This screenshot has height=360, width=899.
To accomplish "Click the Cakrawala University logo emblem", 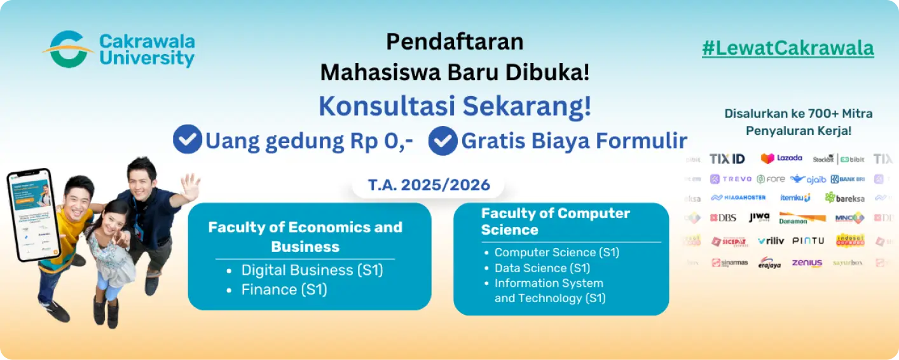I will point(67,50).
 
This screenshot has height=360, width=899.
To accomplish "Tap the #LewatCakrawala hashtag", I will point(788,48).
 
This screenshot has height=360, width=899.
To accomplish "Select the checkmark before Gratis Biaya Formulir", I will point(443,141).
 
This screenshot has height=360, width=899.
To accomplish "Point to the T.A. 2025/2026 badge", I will point(429,185).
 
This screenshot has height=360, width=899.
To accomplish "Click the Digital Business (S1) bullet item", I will point(312,270).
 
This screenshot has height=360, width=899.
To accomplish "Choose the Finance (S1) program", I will point(284,289).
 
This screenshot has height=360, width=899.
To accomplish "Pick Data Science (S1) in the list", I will point(542,268).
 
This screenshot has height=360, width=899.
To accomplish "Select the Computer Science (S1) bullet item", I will point(556,253).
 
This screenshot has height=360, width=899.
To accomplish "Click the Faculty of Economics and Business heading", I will point(305,236).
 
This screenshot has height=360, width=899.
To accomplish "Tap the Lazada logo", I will point(781,158).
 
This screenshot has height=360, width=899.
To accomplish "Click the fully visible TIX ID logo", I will point(727,158).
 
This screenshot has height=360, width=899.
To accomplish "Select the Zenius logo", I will point(807,262).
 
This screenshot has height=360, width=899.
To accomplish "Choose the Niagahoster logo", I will point(738,198).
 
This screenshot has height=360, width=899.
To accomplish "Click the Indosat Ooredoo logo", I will point(849,240).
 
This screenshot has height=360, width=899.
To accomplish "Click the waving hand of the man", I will point(189,186).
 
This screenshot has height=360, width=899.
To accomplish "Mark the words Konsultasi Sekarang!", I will point(455,106).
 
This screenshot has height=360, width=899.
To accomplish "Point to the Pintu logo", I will point(808,240).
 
